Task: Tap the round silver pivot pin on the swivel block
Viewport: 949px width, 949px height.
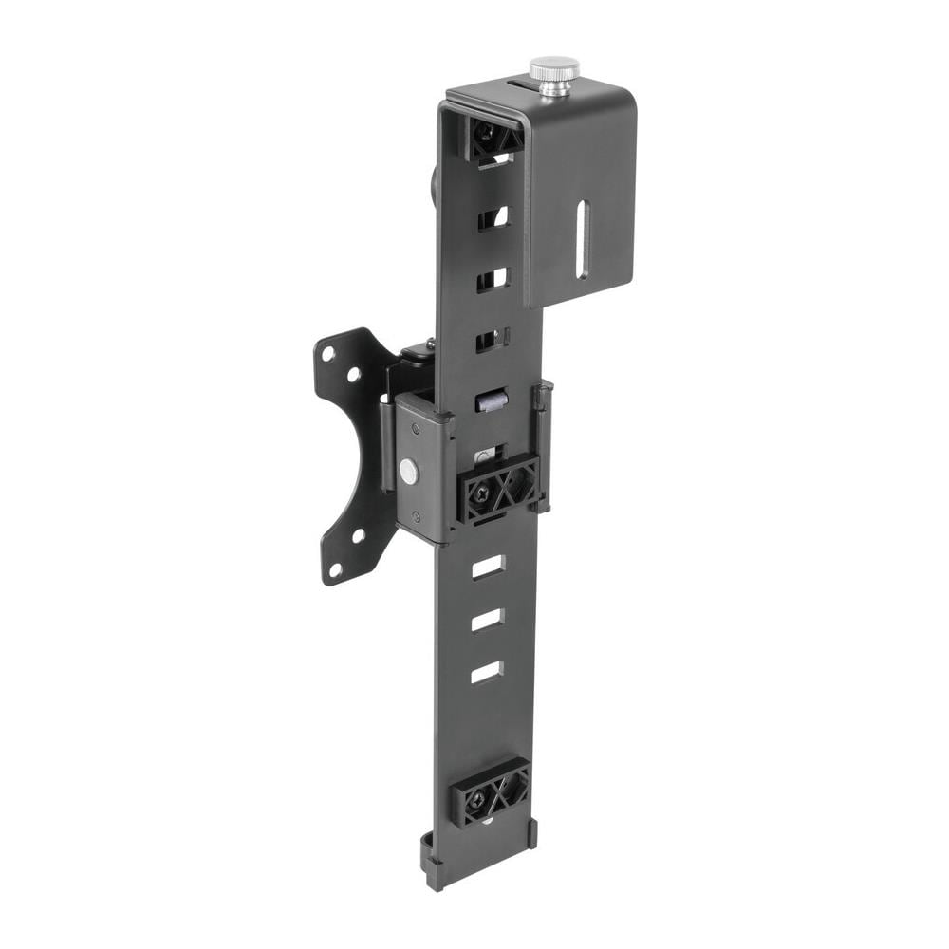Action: tap(409, 468)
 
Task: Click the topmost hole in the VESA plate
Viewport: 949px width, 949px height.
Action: tap(328, 353)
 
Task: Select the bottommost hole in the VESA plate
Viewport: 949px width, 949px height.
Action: tap(335, 569)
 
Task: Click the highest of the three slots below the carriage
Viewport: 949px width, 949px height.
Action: tap(488, 568)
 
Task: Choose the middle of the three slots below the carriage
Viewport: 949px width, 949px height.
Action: tap(487, 620)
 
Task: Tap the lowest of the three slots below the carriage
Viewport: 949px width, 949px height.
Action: tap(486, 672)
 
